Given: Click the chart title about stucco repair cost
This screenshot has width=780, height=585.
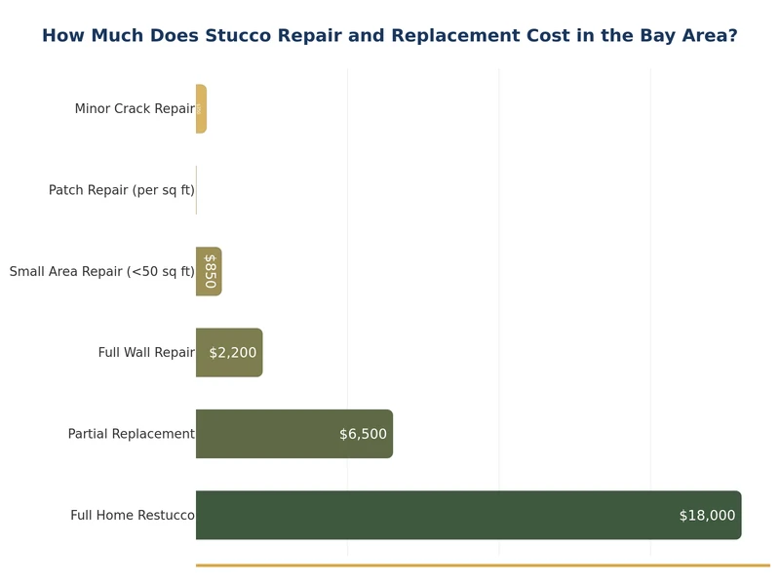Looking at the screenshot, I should [x=389, y=36].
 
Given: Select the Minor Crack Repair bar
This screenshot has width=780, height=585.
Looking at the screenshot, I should [x=201, y=109].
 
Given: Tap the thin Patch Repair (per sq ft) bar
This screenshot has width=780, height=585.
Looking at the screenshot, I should [x=196, y=190].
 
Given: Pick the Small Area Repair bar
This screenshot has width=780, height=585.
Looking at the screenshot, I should [x=209, y=271].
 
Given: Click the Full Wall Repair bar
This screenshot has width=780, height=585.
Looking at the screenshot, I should [x=229, y=353].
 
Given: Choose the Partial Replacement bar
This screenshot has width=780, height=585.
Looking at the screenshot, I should [x=292, y=434].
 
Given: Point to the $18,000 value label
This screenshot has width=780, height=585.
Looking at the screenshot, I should [x=707, y=516].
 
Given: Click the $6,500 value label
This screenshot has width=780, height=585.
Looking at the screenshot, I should [x=363, y=434].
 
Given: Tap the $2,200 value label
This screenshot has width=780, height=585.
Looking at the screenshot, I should [x=233, y=353].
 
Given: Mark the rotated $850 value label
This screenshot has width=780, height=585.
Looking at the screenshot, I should [x=210, y=271].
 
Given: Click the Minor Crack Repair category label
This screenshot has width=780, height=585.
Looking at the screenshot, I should [x=135, y=109].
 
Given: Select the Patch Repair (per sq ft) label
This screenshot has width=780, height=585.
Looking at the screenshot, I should [x=122, y=190].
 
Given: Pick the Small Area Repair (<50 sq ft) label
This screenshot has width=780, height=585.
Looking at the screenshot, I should [x=101, y=271].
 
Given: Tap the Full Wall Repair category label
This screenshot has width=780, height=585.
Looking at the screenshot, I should [x=146, y=353].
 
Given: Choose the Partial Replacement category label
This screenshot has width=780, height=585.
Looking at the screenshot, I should [x=131, y=434].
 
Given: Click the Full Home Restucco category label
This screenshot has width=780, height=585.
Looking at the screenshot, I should [x=132, y=515].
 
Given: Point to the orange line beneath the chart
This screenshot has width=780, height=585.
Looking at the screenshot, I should [x=483, y=565].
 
